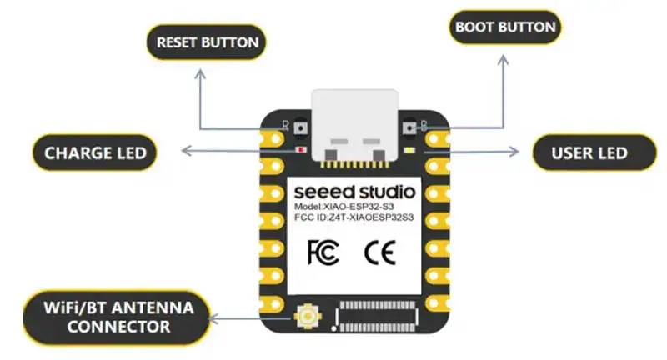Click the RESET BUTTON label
[206, 42]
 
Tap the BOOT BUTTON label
[505, 27]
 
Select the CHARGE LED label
[95, 153]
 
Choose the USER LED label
[594, 153]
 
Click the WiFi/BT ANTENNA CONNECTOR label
[117, 317]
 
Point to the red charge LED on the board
[302, 150]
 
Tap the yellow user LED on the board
[409, 150]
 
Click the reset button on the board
[301, 127]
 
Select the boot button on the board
[409, 127]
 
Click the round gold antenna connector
[308, 316]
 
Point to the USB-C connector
[355, 126]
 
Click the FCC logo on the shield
[323, 252]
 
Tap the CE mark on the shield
[380, 252]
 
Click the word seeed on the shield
[323, 192]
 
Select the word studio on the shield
[385, 192]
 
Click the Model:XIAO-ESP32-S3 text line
[344, 207]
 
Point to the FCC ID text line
[354, 217]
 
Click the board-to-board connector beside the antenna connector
[376, 316]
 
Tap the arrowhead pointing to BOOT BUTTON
[504, 59]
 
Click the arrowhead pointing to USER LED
[514, 152]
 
